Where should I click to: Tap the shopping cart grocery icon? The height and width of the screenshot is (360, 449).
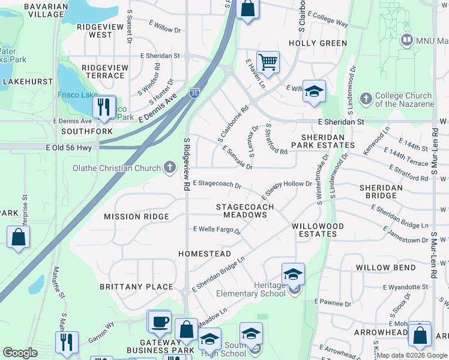click(268, 61)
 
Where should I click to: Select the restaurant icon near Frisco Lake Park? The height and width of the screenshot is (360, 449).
click(104, 107)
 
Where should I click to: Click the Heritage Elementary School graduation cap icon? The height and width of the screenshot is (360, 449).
click(293, 274)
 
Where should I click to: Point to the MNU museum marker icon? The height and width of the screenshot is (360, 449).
click(408, 40)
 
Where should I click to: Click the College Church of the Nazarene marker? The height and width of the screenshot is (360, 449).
click(366, 98)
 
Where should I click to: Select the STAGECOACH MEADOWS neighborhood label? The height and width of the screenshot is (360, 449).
click(245, 211)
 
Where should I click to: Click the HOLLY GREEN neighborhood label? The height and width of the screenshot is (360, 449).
click(318, 43)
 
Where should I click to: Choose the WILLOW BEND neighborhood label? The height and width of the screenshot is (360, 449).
click(385, 267)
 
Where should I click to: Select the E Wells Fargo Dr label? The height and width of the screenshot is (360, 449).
click(217, 230)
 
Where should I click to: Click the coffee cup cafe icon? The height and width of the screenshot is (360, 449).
click(160, 321)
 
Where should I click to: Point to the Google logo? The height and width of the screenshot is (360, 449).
click(20, 353)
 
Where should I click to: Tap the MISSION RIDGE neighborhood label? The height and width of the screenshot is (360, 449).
click(136, 217)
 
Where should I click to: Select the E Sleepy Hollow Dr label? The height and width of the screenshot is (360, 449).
click(286, 190)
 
